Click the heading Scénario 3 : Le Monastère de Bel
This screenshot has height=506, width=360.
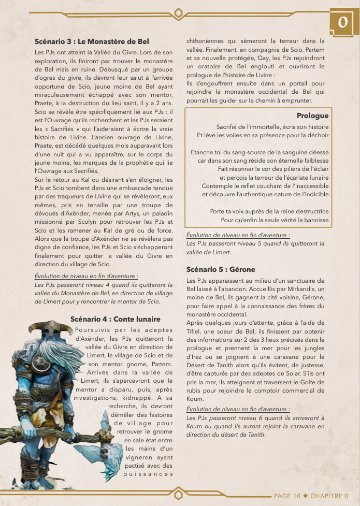point(92,41)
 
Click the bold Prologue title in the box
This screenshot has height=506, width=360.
point(312,115)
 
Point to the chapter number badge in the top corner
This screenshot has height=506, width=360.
point(342,23)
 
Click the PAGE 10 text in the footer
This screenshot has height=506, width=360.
point(287,496)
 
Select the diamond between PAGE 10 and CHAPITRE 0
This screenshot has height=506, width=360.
point(305,496)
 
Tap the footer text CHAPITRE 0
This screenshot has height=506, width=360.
point(329,496)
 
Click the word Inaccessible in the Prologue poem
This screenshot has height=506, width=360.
point(304,185)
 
